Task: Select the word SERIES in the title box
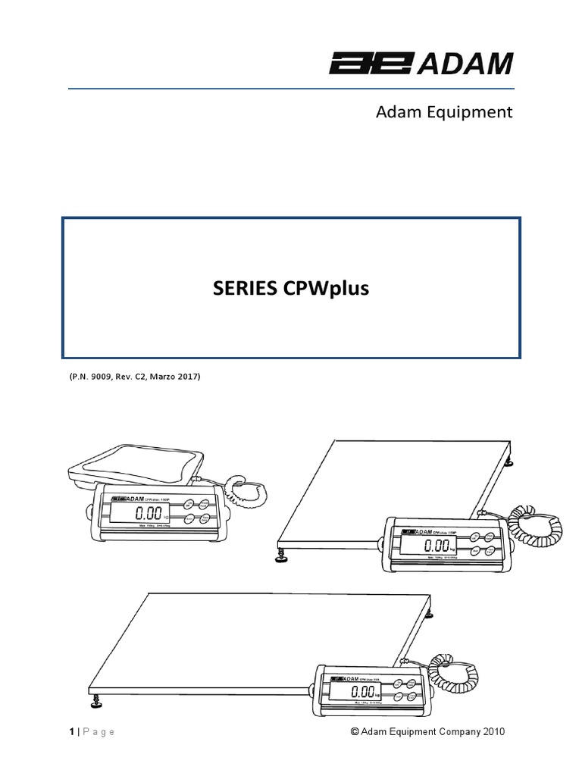[x=241, y=288]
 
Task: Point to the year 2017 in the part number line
[x=185, y=376]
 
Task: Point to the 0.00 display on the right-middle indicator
[x=436, y=546]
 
